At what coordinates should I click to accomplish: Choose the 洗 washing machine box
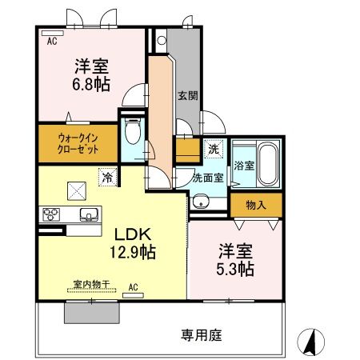point(213,148)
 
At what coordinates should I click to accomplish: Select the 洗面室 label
point(206,178)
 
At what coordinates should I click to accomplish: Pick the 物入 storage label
point(255,206)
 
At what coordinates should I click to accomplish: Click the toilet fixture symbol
point(133,131)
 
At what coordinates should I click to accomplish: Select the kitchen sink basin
point(89,214)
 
